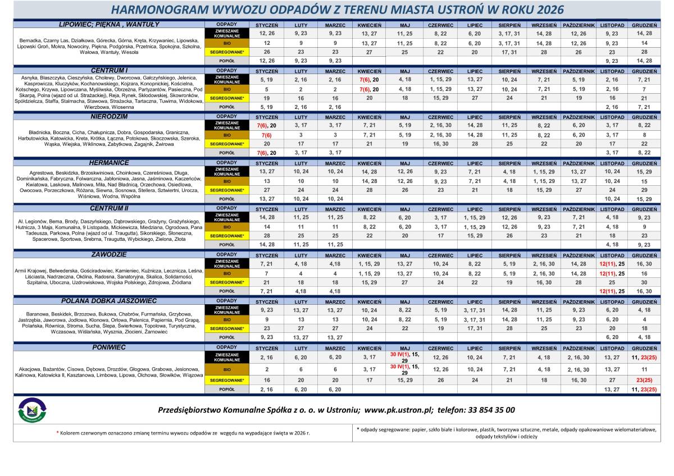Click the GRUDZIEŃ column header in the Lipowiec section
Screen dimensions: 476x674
[x=644, y=25]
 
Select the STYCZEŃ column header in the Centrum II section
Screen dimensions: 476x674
[x=267, y=209]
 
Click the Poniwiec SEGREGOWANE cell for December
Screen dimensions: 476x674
[x=644, y=379]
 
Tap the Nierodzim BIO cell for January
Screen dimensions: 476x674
[x=267, y=135]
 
